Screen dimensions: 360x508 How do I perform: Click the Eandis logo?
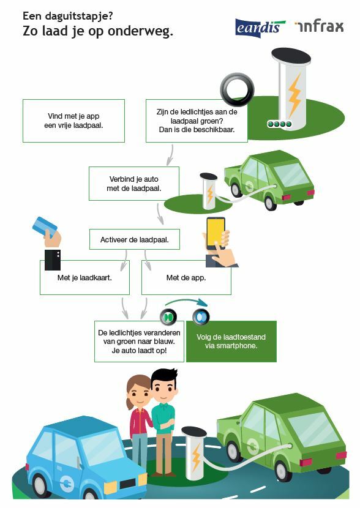[x=260, y=28]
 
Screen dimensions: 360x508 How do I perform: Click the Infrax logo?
[x=320, y=26]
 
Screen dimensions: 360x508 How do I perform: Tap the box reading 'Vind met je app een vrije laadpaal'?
[x=73, y=121]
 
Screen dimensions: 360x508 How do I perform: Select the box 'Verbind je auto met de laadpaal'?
[x=134, y=184]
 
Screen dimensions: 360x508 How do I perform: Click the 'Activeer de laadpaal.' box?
[x=135, y=239]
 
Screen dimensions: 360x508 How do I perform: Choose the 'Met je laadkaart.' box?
[x=84, y=278]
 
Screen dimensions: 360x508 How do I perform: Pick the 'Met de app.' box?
[x=186, y=278]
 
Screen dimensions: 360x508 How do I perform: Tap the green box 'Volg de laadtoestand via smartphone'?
[x=231, y=342]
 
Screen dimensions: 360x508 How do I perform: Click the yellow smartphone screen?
[x=216, y=231]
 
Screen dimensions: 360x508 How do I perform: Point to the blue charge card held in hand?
[x=45, y=226]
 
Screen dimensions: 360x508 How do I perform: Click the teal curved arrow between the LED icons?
[x=186, y=302]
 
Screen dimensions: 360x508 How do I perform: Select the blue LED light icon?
[x=201, y=316]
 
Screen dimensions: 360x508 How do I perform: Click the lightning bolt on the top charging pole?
[x=294, y=95]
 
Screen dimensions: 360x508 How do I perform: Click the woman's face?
[x=140, y=394]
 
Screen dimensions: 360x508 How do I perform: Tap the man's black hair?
[x=164, y=376]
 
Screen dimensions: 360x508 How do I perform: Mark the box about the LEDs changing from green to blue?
[x=140, y=342]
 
